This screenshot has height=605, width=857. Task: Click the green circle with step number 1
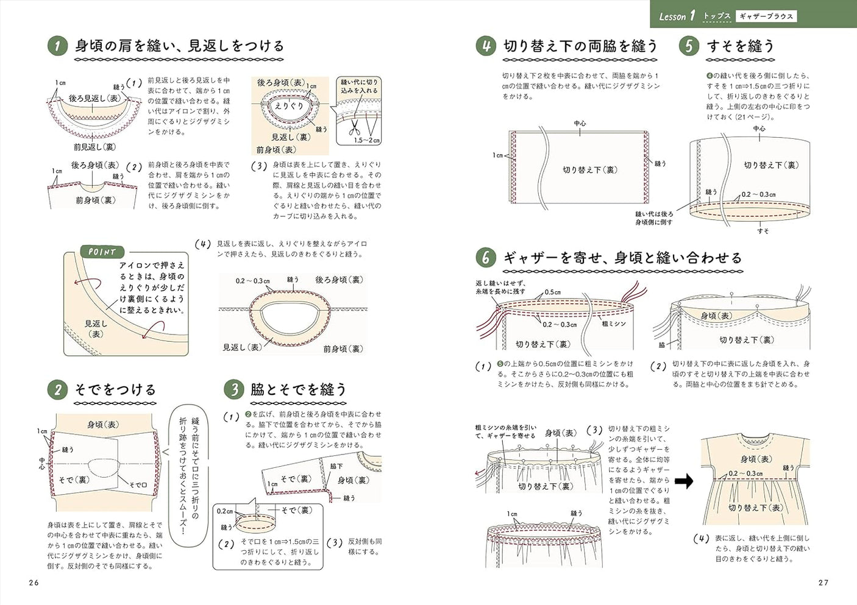click(x=57, y=46)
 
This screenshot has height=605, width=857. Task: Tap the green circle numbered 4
click(x=486, y=46)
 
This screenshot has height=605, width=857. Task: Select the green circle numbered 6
click(x=486, y=258)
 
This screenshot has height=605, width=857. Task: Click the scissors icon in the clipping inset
click(x=354, y=128)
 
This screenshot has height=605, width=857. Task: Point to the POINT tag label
click(x=102, y=252)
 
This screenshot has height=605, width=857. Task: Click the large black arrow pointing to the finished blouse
click(x=684, y=481)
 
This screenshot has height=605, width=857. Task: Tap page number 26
click(x=34, y=582)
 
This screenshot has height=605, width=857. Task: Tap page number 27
click(x=823, y=582)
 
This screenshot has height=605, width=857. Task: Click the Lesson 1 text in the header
click(x=676, y=16)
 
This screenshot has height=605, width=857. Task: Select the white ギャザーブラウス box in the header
click(x=766, y=16)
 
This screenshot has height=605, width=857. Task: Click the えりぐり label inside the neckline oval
click(x=288, y=106)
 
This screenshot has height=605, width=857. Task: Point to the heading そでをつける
click(x=115, y=389)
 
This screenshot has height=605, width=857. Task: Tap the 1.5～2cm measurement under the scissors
click(x=367, y=140)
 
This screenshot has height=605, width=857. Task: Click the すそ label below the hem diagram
click(x=763, y=231)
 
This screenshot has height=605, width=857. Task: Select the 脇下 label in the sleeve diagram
click(x=336, y=466)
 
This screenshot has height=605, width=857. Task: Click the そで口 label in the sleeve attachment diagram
click(x=138, y=485)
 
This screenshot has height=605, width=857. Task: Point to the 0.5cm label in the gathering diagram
click(x=553, y=292)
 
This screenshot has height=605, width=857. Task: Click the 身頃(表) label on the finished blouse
click(x=755, y=459)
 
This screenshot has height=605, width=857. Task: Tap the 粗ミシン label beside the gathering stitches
click(x=613, y=324)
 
